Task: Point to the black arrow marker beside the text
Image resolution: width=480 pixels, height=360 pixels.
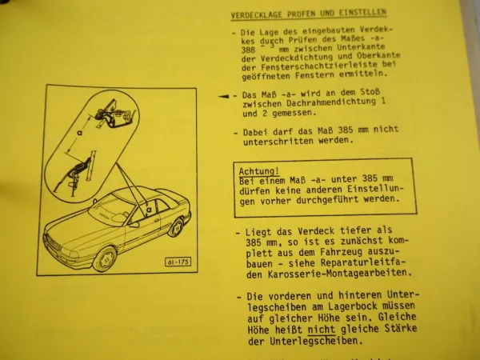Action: click(223, 94)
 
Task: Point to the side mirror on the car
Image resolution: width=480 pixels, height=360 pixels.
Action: click(134, 224)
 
